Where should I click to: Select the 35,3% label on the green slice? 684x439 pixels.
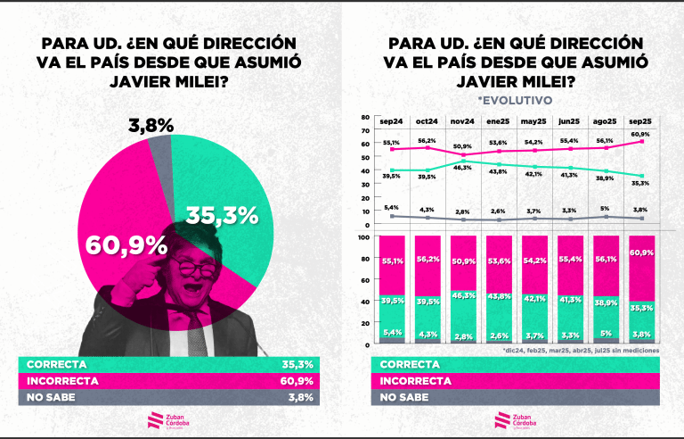[x=222, y=215]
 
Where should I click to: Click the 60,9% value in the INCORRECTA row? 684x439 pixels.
[x=295, y=382]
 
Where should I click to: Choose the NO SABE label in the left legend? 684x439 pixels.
[x=54, y=398]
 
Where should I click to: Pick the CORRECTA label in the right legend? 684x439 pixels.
[x=410, y=365]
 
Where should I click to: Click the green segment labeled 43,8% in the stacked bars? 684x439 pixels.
[x=500, y=296]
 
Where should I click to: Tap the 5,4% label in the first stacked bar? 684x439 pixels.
[x=393, y=333]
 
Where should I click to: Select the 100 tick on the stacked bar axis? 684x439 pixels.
[x=362, y=237]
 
